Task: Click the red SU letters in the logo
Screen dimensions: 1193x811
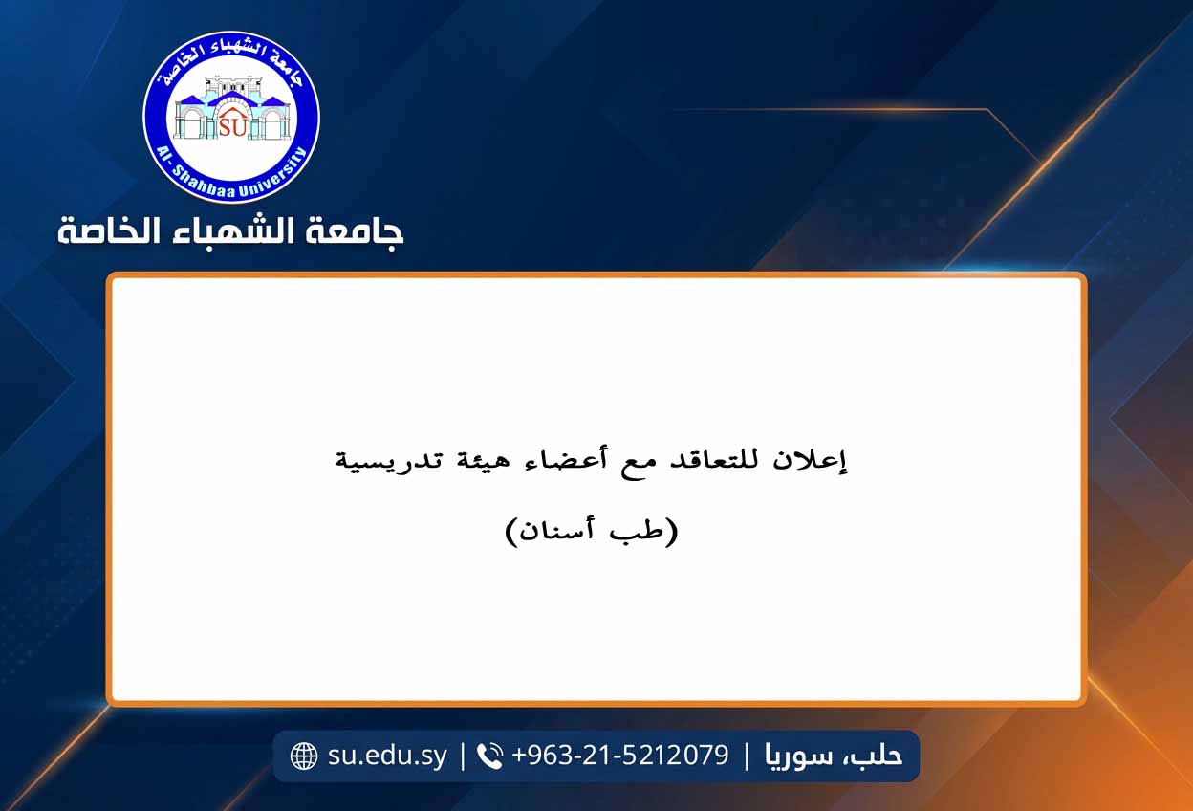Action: [x=232, y=127]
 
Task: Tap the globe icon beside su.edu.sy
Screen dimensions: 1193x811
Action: [x=304, y=756]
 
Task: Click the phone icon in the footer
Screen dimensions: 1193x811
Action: [x=489, y=756]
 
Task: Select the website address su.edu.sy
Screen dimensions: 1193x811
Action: [x=387, y=756]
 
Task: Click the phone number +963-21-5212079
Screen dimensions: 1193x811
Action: [x=620, y=755]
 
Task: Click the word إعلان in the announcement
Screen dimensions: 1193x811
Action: [x=810, y=459]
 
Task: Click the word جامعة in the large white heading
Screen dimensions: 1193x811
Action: [x=354, y=231]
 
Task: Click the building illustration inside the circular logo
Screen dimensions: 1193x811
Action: [x=231, y=108]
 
